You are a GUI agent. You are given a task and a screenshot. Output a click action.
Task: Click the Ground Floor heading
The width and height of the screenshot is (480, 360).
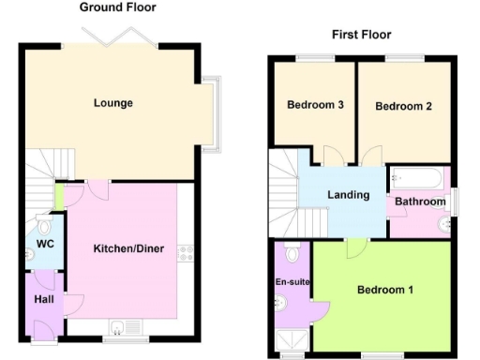pyautogui.click(x=117, y=7)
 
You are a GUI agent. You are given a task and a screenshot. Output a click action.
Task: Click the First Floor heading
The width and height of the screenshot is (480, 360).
pyautogui.click(x=361, y=35)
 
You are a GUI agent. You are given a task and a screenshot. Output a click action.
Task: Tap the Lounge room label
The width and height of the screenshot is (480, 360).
pyautogui.click(x=112, y=103)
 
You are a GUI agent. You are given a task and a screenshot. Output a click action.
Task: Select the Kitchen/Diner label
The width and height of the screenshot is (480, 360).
pyautogui.click(x=128, y=248)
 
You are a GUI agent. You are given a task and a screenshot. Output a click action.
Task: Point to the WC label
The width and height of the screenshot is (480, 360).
pyautogui.click(x=44, y=245)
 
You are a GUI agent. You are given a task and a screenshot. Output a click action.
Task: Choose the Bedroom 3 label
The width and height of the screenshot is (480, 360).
pyautogui.click(x=314, y=105)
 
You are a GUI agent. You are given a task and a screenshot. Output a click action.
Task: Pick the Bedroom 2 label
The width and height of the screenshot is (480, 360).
pyautogui.click(x=403, y=106)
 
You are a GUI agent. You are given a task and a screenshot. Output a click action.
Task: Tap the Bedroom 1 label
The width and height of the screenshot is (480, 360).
pyautogui.click(x=385, y=290)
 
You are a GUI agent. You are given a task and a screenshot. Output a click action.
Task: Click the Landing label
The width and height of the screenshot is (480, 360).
pyautogui.click(x=348, y=195)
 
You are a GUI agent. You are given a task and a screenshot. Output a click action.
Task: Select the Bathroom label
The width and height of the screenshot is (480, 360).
pyautogui.click(x=419, y=202)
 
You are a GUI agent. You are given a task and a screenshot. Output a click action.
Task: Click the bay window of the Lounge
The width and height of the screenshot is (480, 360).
pyautogui.click(x=214, y=112)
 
